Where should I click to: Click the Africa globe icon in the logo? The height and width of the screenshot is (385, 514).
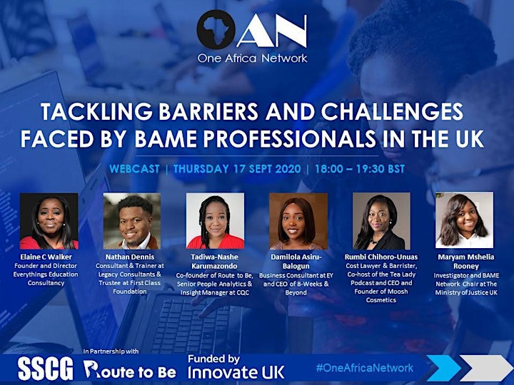click(216, 30)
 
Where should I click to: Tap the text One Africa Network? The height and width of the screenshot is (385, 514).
click(252, 58)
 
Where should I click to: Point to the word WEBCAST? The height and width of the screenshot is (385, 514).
click(134, 169)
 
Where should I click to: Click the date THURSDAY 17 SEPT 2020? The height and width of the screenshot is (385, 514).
click(237, 169)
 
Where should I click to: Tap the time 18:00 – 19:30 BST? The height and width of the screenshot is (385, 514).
click(360, 169)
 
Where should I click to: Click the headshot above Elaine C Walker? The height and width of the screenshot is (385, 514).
click(49, 221)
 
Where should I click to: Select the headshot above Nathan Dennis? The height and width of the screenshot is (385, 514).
click(132, 221)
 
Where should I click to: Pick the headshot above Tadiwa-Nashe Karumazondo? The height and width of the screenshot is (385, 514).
click(215, 220)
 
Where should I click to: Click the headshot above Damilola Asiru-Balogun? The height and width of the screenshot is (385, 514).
click(298, 221)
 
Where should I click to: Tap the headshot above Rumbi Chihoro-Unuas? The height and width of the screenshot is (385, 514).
click(381, 221)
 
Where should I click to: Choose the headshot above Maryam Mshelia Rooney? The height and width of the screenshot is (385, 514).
click(464, 220)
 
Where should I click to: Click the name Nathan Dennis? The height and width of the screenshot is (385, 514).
click(130, 257)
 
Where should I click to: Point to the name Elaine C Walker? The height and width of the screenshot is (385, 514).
click(46, 257)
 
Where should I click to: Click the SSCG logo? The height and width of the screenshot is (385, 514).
click(45, 369)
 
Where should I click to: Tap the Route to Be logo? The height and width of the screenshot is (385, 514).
click(130, 369)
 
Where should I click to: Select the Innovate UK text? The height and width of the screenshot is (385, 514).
click(236, 372)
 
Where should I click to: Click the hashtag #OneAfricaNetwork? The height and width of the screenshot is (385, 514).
click(365, 368)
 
